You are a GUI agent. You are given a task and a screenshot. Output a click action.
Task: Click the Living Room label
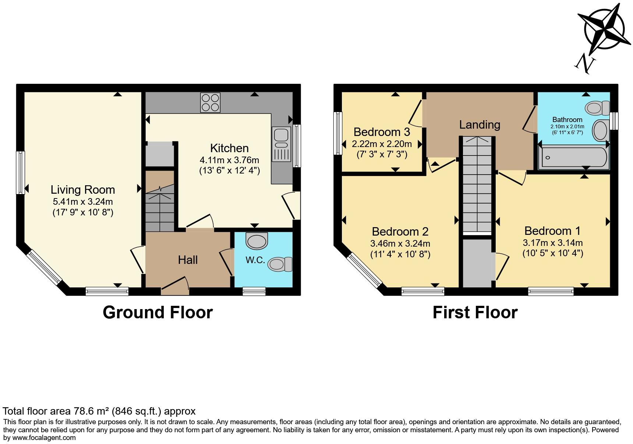[83, 190]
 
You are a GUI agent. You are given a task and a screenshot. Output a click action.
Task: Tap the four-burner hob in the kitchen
[211, 102]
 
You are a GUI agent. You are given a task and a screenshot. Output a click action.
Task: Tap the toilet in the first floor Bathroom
[598, 108]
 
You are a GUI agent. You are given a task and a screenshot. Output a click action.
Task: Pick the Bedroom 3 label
[382, 132]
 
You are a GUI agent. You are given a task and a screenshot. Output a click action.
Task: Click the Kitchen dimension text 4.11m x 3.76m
[229, 160]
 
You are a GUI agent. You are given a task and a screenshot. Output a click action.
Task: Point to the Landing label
[480, 125]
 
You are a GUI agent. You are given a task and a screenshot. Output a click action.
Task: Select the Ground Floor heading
[158, 312]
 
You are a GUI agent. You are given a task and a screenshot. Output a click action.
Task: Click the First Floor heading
[475, 312]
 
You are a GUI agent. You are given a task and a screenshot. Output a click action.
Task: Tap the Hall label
[188, 260]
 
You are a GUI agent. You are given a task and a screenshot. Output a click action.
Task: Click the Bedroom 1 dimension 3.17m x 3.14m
[553, 243]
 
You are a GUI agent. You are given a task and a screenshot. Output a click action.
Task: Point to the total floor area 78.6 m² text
[99, 411]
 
